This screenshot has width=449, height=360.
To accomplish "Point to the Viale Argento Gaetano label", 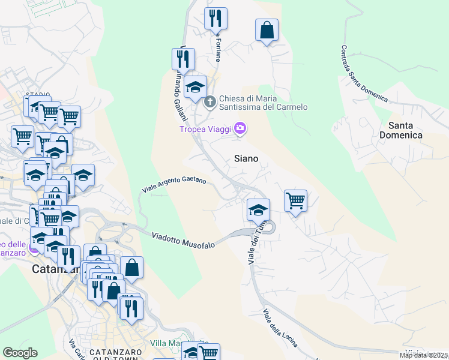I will pos(174,184).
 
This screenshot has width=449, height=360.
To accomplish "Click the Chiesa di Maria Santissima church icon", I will pos(210,101).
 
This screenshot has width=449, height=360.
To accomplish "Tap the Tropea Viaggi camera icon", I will pos(240,128).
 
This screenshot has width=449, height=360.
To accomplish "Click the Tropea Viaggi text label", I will pos(206,128).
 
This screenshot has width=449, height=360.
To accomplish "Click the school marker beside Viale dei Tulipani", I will pos(258,210).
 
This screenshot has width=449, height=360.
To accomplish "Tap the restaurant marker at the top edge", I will pos(215,19).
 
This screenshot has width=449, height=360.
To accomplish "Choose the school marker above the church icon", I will pos(195,87).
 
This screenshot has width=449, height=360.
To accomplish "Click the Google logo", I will pos(20,353).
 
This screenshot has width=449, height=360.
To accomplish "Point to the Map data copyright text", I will pos(424,355).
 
